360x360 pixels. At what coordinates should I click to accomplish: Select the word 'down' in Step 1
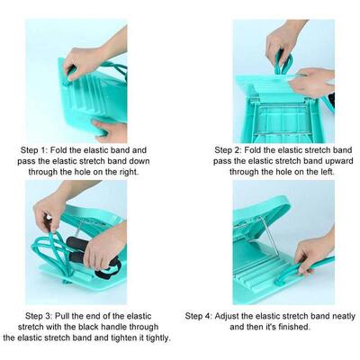click(139, 161)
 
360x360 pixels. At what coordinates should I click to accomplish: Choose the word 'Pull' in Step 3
click(62, 316)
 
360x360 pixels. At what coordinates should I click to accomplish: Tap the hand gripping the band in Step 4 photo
click(313, 254)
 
